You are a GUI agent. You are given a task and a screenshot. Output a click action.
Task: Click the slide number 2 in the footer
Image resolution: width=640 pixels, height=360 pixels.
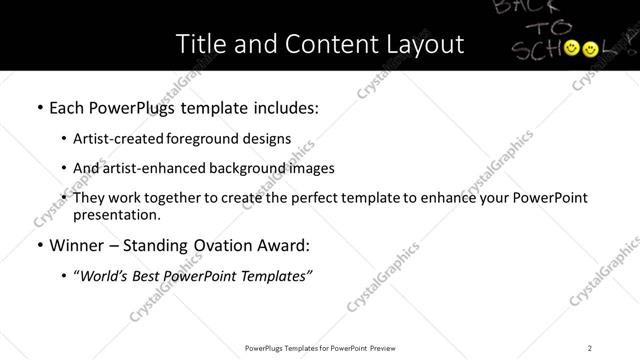pos(590,347)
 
